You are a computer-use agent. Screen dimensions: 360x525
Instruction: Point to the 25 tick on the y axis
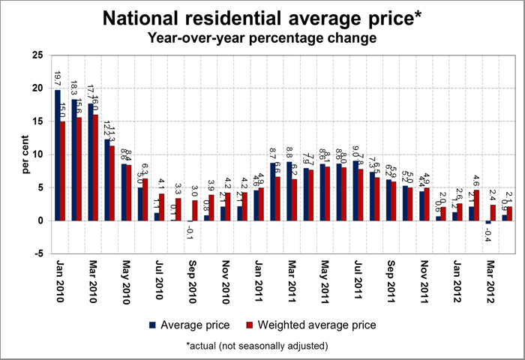click(38, 55)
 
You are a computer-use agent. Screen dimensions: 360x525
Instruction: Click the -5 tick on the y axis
click(38, 253)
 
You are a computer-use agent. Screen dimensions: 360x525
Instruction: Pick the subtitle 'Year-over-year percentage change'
click(262, 37)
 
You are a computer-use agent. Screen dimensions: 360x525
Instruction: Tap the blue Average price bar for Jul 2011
click(356, 190)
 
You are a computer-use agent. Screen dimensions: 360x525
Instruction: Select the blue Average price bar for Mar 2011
click(289, 191)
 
